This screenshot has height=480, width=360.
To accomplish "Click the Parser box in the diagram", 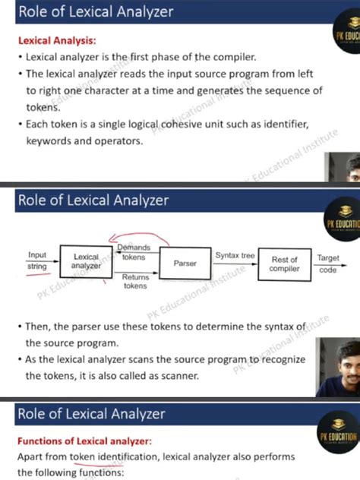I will click(x=185, y=263).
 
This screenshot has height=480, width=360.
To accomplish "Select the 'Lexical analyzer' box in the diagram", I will click(x=86, y=262).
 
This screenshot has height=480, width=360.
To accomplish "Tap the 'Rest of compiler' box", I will click(x=285, y=264).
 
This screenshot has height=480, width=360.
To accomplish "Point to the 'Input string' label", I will click(x=37, y=261).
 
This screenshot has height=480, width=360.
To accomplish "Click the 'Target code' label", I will click(x=328, y=264).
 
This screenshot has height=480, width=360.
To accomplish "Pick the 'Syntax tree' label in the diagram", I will click(x=235, y=256).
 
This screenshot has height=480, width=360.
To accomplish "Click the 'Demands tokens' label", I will click(x=134, y=253).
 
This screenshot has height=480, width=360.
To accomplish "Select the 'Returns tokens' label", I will click(x=135, y=281).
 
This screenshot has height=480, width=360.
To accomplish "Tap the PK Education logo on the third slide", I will click(x=340, y=431).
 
